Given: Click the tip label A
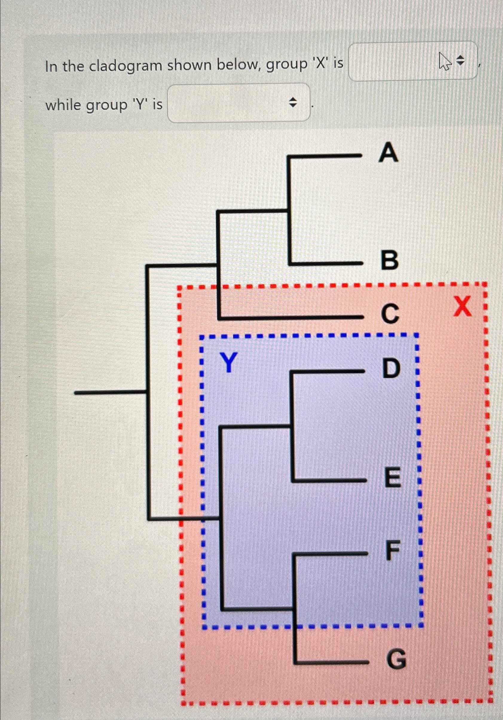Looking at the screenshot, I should tap(389, 153).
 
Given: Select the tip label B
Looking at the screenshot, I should tap(389, 260).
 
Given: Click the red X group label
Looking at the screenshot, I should tap(462, 307).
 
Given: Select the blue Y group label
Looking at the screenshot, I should tap(228, 363).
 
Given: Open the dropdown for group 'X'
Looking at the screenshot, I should tap(413, 62).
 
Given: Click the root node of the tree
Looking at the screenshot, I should tap(147, 392).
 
